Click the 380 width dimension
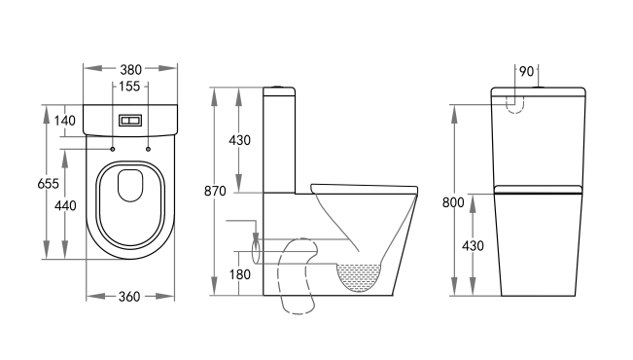pos(130,70)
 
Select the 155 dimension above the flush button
pos(130,87)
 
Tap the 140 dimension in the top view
pos(66,121)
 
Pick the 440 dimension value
pos(66,205)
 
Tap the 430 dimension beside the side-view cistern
pos(239,140)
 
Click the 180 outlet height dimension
pos(239,275)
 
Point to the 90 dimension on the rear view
pos(526,71)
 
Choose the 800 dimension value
pos(453,202)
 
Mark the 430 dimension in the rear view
pos(474,246)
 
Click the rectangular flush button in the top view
pos(130,121)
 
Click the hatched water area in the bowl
pos(361,276)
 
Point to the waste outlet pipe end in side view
pos(257,255)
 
